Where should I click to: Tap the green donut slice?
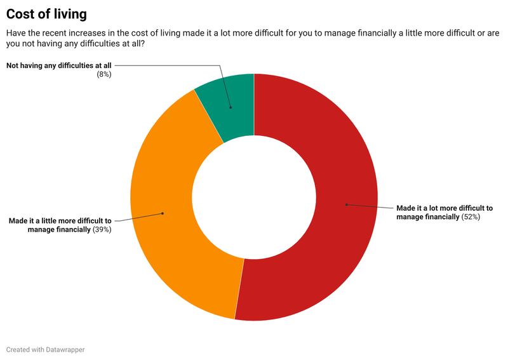[x=229, y=102]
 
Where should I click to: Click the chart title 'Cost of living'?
[x=46, y=13]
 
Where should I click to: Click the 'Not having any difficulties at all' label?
[x=59, y=65]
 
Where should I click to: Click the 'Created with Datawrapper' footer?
[x=45, y=349]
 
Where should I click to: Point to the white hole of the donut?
[x=254, y=197]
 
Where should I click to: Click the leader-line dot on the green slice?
[x=231, y=108]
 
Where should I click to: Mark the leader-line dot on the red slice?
[x=346, y=204]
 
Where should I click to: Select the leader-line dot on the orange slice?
[x=163, y=213]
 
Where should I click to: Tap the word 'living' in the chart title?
[x=69, y=13]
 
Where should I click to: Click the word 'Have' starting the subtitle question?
[x=17, y=34]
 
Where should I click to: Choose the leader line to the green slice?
[x=190, y=65]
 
